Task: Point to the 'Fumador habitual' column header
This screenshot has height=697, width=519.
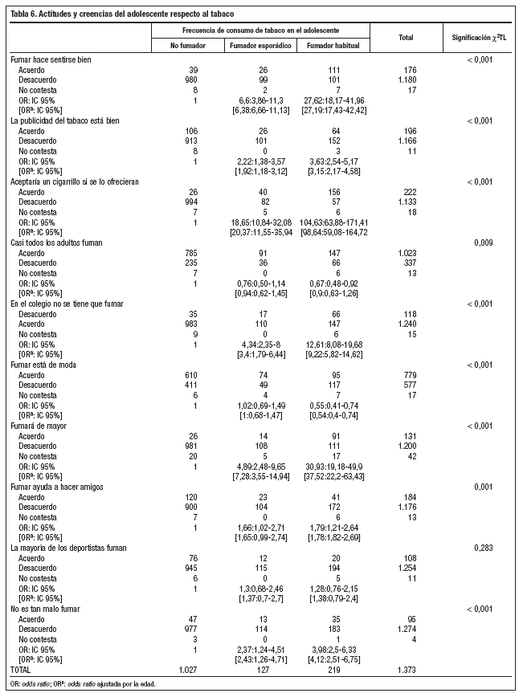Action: (x=333, y=46)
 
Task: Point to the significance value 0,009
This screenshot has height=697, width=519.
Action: (x=483, y=242)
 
